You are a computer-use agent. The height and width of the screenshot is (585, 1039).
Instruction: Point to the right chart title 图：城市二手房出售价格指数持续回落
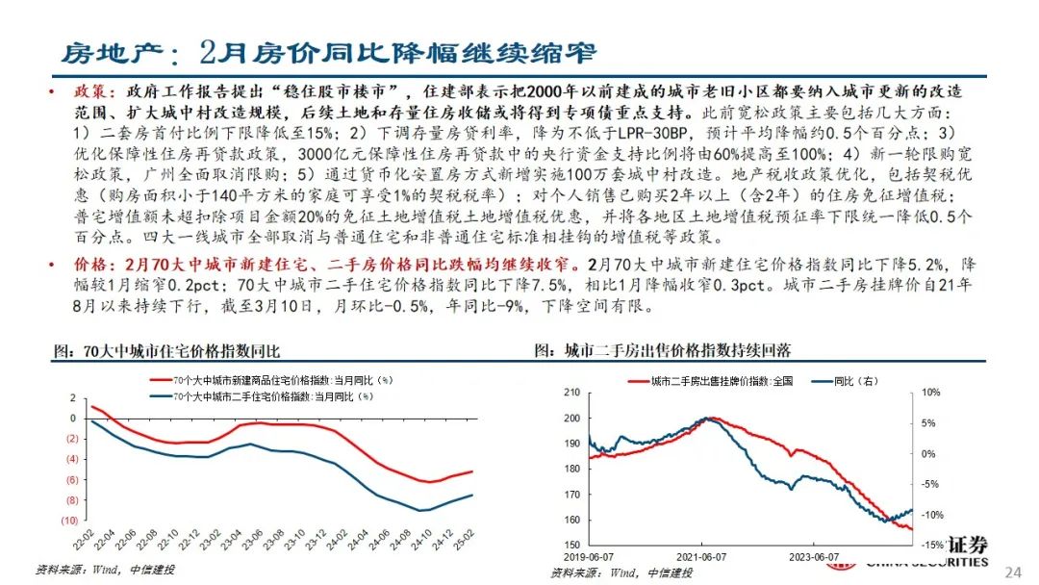pyautogui.click(x=669, y=350)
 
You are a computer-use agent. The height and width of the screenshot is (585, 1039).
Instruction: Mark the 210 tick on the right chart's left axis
pyautogui.click(x=571, y=393)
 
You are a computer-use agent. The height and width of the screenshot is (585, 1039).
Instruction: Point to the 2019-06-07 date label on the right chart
pyautogui.click(x=590, y=556)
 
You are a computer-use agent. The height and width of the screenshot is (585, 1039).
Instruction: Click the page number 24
pyautogui.click(x=1012, y=572)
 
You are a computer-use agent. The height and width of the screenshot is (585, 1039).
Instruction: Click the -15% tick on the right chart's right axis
pyautogui.click(x=931, y=545)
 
